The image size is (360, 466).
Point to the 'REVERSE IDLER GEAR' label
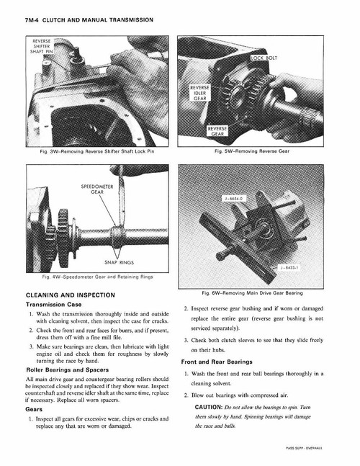pyautogui.click(x=199, y=94)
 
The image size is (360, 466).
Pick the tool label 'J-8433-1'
pyautogui.click(x=292, y=267)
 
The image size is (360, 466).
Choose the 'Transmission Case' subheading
pyautogui.click(x=56, y=305)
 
